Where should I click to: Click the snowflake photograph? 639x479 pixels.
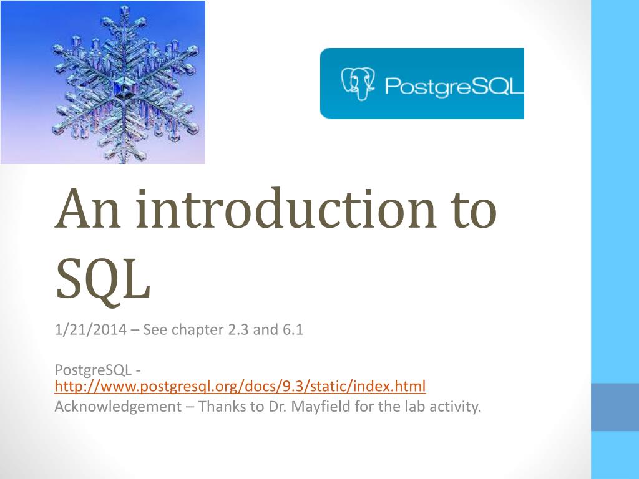tap(102, 82)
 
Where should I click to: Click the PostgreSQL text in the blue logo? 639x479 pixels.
tap(452, 85)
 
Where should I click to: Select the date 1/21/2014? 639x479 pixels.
tap(91, 330)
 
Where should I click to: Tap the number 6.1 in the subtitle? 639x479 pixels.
tap(291, 330)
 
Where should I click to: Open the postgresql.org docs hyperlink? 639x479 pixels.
tap(240, 387)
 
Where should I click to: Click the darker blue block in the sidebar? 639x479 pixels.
tap(615, 407)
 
